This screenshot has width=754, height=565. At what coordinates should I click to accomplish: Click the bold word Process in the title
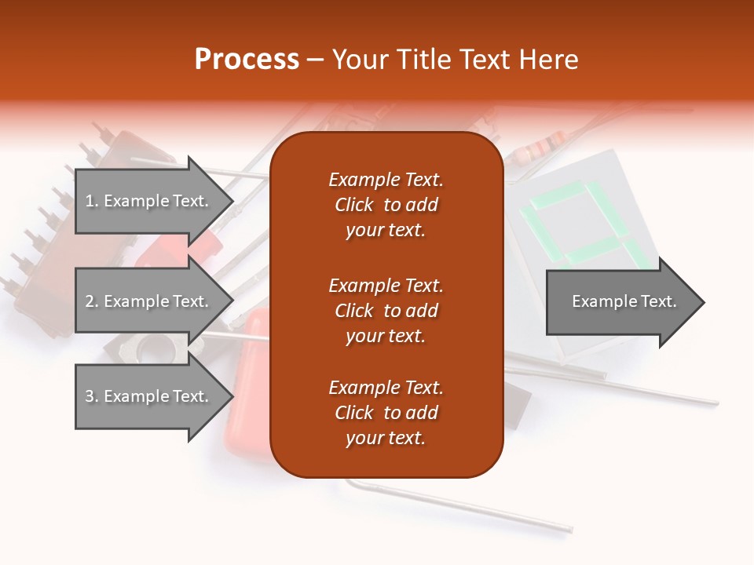click(247, 60)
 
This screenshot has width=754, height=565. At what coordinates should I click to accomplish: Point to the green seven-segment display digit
click(577, 224)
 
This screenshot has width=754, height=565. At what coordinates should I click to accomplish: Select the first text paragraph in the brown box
click(386, 205)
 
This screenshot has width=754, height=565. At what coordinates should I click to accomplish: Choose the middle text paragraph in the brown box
click(386, 311)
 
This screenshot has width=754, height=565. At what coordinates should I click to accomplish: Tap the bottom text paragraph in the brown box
click(386, 413)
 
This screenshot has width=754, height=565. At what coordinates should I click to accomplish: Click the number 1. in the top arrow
click(92, 201)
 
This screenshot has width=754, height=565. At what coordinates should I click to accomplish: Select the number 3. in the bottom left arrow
click(92, 396)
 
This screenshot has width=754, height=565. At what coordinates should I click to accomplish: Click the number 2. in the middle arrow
click(92, 301)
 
